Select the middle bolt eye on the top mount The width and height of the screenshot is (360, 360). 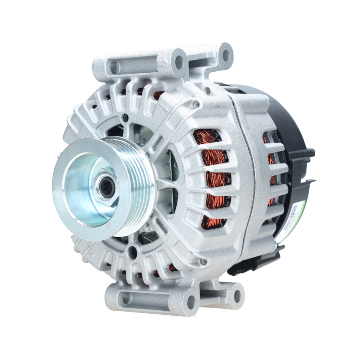[179, 62]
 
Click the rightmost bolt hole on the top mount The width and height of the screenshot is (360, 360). [226, 55]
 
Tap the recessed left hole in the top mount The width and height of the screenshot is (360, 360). [114, 67]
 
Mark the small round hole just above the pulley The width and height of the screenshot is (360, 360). [125, 118]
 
